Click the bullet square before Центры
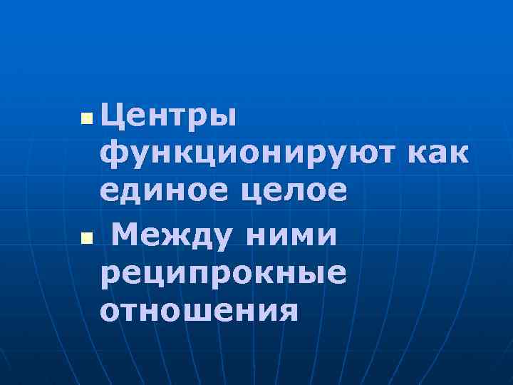[x=86, y=116]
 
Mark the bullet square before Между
[x=86, y=236]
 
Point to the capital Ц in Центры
[x=114, y=114]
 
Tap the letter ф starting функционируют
[x=113, y=154]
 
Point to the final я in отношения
[x=287, y=311]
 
